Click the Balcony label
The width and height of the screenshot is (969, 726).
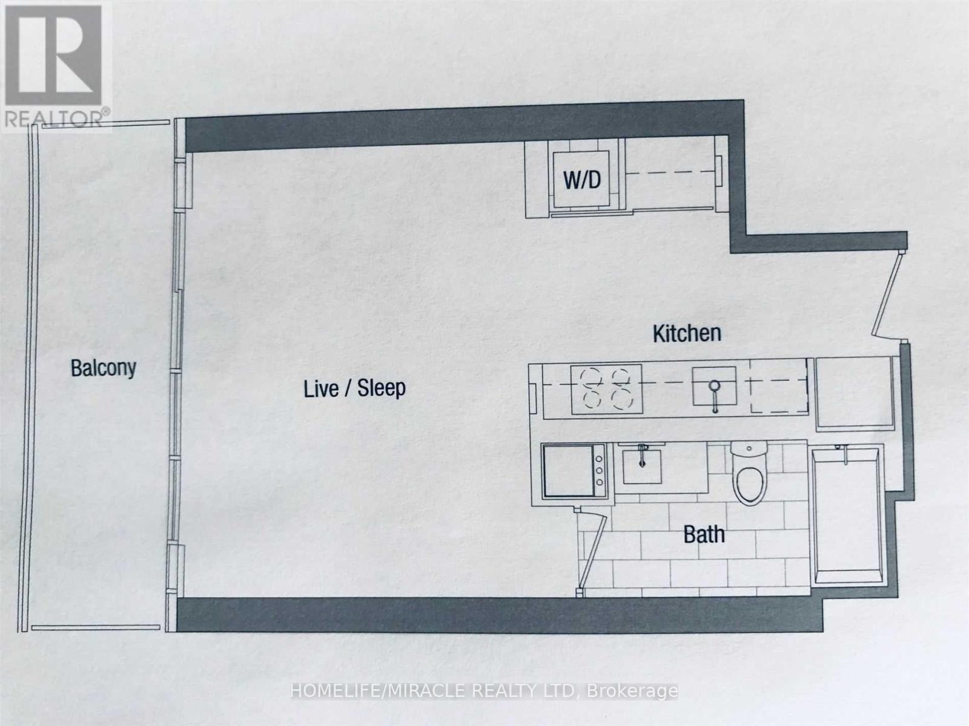tap(103, 368)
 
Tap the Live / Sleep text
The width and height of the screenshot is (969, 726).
tap(354, 388)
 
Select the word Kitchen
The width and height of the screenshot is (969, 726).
tap(687, 333)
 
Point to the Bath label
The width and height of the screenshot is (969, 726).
tap(704, 535)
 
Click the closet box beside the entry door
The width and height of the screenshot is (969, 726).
tap(854, 393)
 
